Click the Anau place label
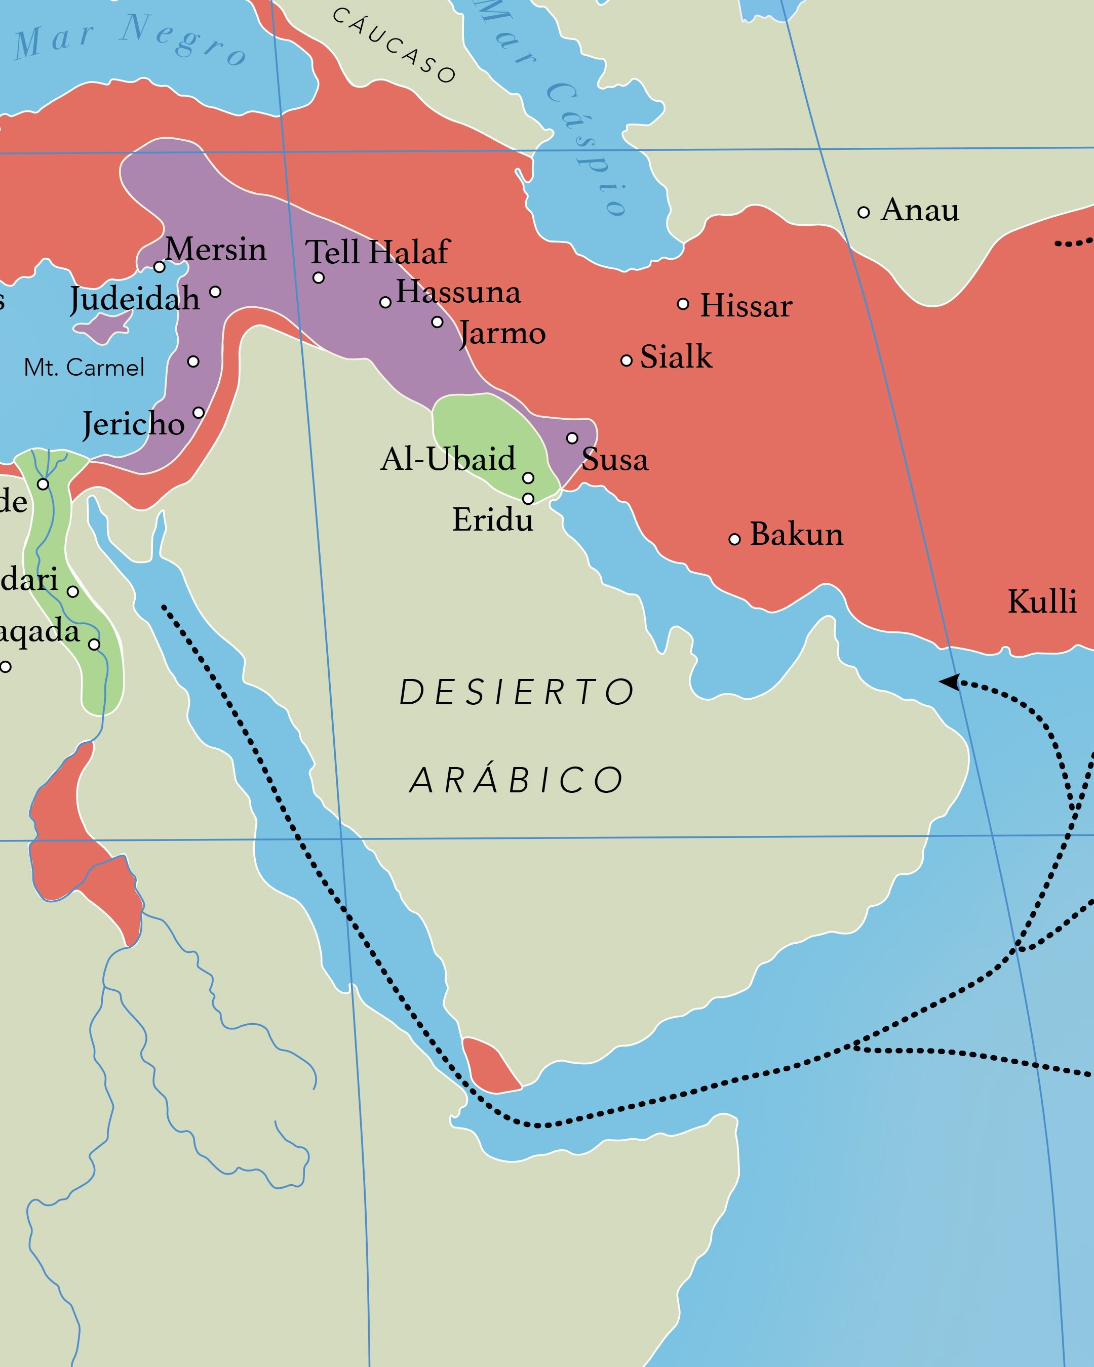(920, 210)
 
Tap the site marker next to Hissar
(683, 304)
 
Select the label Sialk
(676, 356)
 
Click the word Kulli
(1042, 601)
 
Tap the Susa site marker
(572, 438)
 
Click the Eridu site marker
(528, 498)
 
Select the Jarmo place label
(502, 333)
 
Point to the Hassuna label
(458, 292)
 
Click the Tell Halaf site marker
(319, 278)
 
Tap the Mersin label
(216, 249)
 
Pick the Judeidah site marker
(215, 292)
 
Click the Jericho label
(134, 424)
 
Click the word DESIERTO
(516, 692)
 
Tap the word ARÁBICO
(516, 780)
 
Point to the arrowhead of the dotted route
(948, 681)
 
